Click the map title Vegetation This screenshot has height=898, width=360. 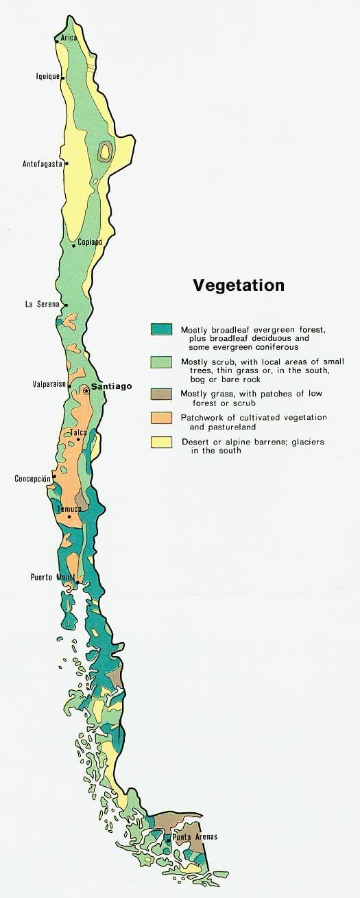click(238, 285)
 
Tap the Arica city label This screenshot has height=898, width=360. click(69, 37)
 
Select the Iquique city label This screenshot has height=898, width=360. click(47, 77)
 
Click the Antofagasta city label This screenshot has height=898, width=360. click(42, 164)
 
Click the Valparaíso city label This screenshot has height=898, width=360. click(49, 384)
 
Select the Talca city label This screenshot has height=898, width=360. click(78, 433)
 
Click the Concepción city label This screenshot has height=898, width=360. click(33, 478)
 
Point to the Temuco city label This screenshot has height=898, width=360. click(69, 508)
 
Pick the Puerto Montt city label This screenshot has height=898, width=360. click(52, 577)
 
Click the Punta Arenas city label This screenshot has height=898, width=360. click(195, 836)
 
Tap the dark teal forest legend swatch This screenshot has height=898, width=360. click(161, 329)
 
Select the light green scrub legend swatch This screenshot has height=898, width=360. click(161, 362)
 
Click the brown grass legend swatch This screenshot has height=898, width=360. click(161, 394)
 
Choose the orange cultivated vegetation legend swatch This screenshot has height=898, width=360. click(161, 418)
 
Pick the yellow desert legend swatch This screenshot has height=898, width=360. click(161, 442)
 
